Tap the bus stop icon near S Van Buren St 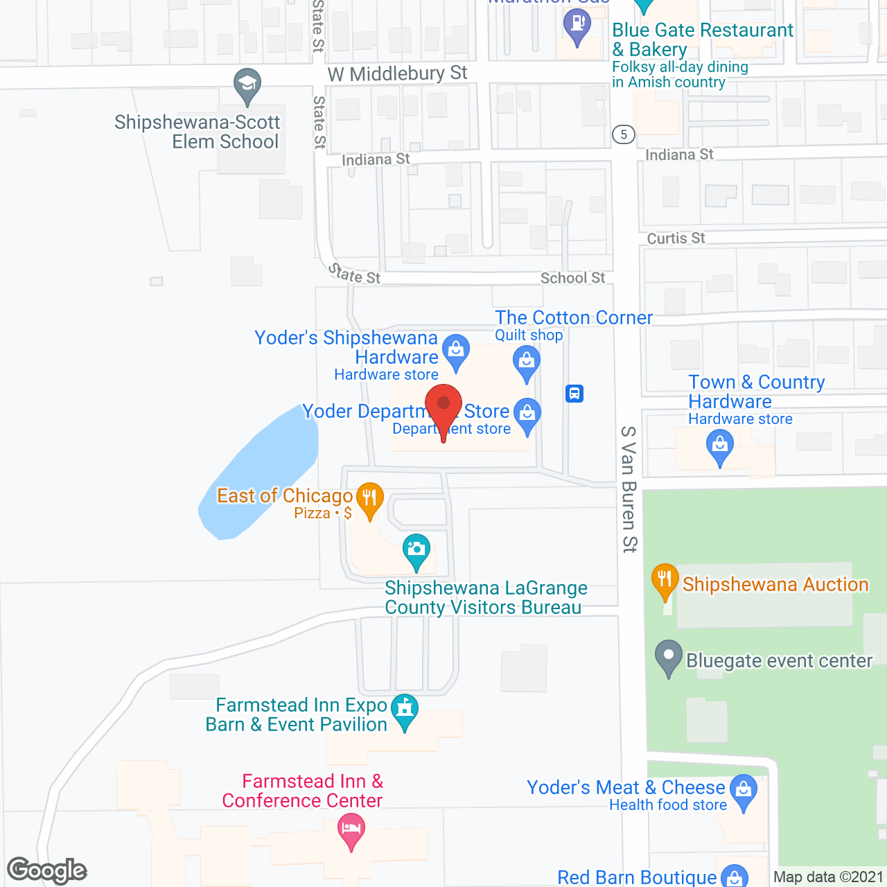[x=574, y=394]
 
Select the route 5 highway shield [x=624, y=134]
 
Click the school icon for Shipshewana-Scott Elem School [x=247, y=85]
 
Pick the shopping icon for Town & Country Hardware [x=719, y=445]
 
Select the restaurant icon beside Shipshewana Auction [x=665, y=579]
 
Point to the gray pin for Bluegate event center [x=669, y=656]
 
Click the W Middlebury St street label [x=397, y=73]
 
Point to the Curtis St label [x=676, y=238]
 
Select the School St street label [x=572, y=278]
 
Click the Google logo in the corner [x=47, y=870]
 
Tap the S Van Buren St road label [x=629, y=489]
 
